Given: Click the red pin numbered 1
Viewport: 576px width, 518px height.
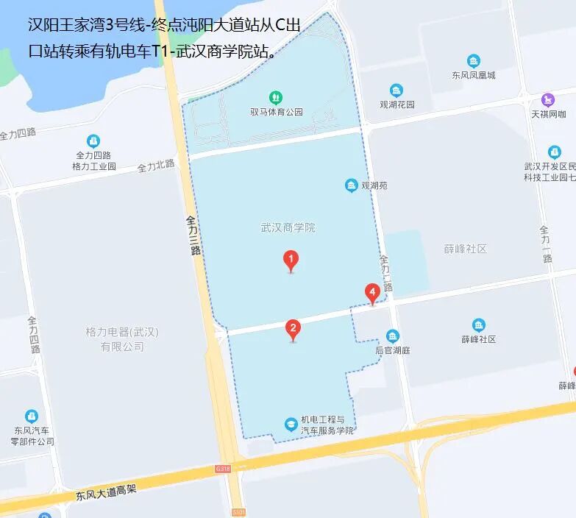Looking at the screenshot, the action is point(291,260).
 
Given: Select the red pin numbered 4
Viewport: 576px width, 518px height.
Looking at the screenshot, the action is point(373,293).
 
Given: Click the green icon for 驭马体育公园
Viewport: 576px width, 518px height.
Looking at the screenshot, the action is point(276,96).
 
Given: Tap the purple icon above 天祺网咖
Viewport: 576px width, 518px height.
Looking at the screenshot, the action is point(548,99).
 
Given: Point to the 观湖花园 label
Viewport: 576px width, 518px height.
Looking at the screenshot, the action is point(397,104).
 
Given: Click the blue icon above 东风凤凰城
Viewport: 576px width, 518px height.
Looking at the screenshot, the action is point(474,61).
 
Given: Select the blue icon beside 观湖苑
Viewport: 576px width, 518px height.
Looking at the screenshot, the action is point(352,185).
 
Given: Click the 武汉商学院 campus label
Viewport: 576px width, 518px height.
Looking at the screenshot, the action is point(288,227).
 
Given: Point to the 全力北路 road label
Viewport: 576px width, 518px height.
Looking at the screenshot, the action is point(156,166).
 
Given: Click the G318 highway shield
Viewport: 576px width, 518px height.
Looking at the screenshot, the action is point(223,468).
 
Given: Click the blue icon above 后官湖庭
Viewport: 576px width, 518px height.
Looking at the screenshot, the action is point(393,336).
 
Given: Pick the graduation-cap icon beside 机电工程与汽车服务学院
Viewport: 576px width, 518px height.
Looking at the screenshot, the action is point(291,424).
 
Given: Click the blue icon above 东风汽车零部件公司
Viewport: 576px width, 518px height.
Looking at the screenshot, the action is point(32,416).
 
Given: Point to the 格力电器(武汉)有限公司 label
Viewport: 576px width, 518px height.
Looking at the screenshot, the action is point(121,339).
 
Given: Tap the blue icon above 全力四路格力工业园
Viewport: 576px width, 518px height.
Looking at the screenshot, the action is point(93,141).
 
